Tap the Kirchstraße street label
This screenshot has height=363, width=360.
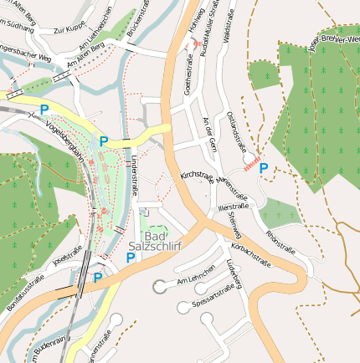(196, 180)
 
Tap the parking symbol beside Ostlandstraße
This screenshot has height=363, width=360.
(264, 169)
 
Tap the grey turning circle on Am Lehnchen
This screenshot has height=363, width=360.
(159, 288)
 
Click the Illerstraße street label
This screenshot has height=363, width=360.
(232, 206)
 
